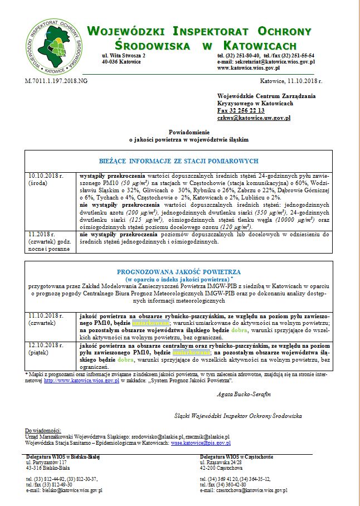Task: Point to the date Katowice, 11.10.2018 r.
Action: [291, 81]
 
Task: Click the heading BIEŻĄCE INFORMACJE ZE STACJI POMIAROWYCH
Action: [182, 161]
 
